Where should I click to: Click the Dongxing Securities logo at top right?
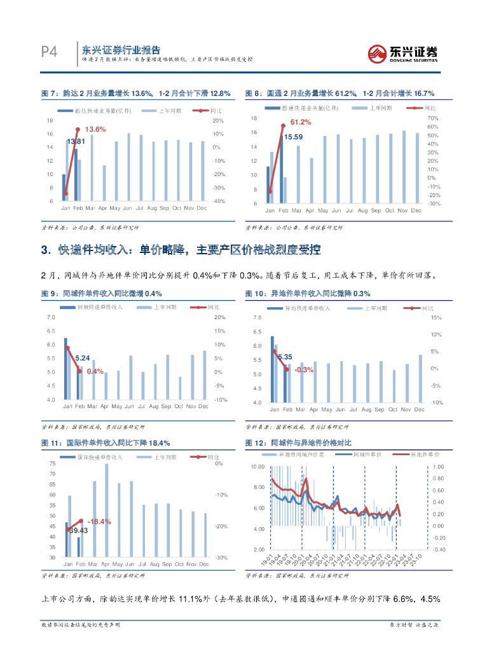pyautogui.click(x=404, y=53)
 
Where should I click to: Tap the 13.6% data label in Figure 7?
pyautogui.click(x=95, y=129)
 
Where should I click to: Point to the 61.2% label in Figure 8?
pyautogui.click(x=301, y=122)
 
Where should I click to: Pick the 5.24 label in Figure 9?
pyautogui.click(x=83, y=358)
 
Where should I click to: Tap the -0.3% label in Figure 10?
pyautogui.click(x=305, y=369)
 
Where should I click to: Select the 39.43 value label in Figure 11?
pyautogui.click(x=79, y=530)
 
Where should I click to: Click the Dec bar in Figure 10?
pyautogui.click(x=420, y=378)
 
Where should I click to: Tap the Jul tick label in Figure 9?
pyautogui.click(x=142, y=406)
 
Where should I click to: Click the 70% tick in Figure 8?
pyautogui.click(x=433, y=118)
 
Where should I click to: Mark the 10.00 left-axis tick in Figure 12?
pyautogui.click(x=257, y=467)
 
